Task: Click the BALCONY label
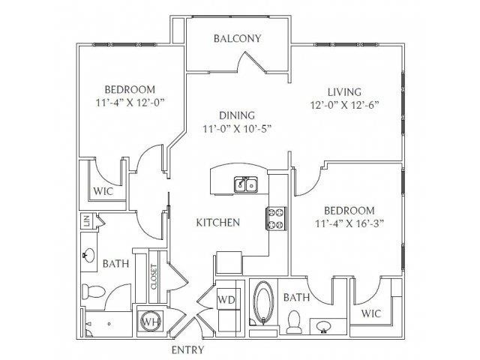point(237,38)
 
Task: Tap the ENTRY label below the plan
point(187,350)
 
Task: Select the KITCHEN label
point(218,223)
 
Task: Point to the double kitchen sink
point(246,184)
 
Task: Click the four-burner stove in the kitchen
point(276,218)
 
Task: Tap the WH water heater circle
point(150,322)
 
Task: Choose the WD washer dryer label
point(226,299)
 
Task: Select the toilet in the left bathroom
point(93,291)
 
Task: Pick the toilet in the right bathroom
point(294,322)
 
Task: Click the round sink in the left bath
point(88,254)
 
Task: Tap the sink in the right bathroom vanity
point(323,326)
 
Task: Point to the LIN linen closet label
point(86,220)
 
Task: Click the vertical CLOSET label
point(154,277)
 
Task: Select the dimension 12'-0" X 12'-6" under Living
point(345,105)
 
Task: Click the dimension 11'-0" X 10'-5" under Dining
point(237,129)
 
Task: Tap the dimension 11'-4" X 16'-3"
point(349,224)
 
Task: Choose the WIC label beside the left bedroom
point(103,192)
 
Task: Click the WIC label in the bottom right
point(371,313)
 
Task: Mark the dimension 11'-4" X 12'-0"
point(130,103)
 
